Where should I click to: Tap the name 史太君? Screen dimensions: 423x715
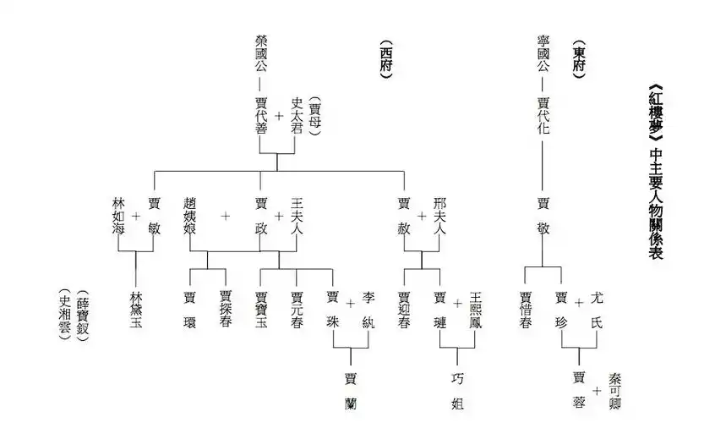tap(297, 115)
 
